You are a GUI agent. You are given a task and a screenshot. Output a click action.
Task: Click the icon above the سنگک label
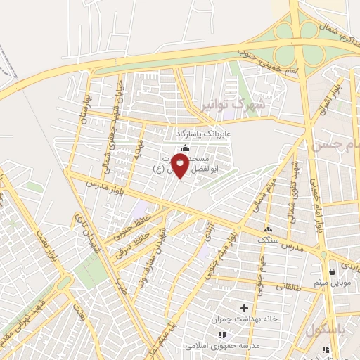267,230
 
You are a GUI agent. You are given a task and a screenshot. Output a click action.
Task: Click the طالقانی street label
292,287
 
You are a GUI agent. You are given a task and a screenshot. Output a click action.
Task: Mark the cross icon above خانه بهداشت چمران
245,308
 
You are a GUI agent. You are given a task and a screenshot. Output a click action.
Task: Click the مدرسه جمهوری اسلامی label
223,346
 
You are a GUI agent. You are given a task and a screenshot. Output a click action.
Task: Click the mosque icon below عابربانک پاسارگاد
185,148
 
